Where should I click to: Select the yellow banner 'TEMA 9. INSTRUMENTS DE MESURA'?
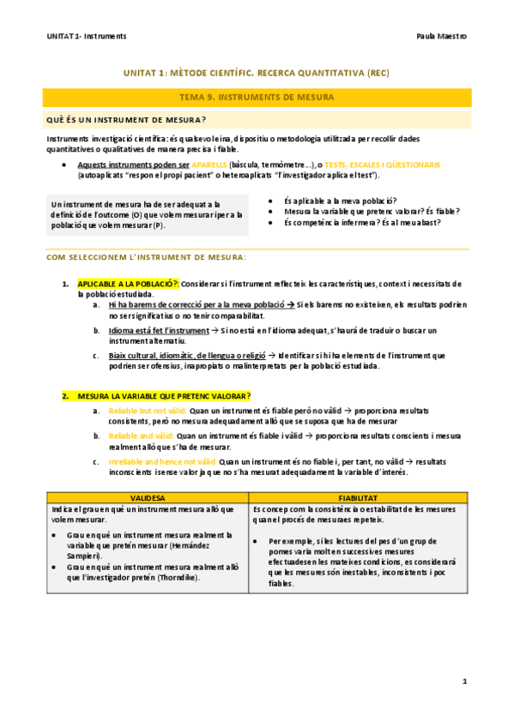tap(257, 98)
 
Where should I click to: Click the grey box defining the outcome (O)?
tap(147, 214)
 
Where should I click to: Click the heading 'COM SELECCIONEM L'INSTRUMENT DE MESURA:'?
tap(145, 257)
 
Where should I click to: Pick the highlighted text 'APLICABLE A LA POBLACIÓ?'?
tap(128, 283)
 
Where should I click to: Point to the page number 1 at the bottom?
tap(464, 682)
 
